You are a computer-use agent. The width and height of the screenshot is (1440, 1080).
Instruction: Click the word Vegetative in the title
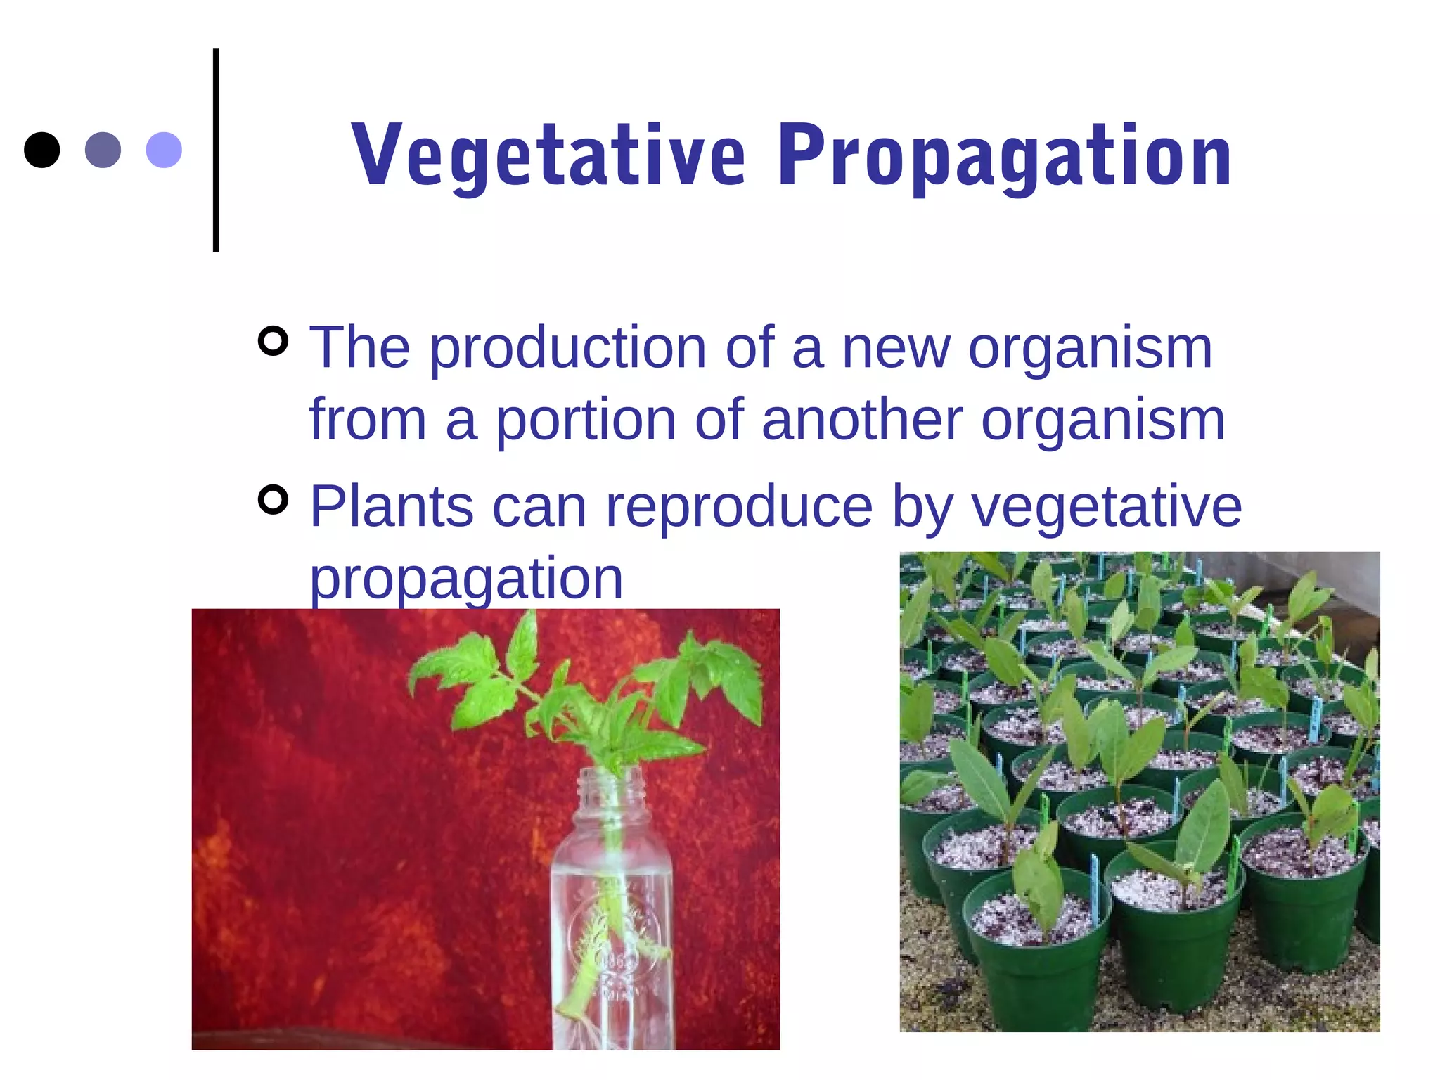(548, 156)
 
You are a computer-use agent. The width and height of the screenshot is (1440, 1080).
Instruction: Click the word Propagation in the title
(1004, 156)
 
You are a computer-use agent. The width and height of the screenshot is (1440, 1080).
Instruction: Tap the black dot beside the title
(41, 150)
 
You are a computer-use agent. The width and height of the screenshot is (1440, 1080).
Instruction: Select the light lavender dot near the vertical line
(164, 150)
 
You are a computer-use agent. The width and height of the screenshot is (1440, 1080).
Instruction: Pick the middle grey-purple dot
(103, 150)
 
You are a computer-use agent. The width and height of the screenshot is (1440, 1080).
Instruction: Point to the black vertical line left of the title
(216, 150)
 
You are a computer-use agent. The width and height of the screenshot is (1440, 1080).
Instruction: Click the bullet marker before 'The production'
(273, 342)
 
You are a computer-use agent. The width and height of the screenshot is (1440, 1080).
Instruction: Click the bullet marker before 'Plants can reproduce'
(273, 500)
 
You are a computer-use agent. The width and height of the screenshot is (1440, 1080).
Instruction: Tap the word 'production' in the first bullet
(568, 349)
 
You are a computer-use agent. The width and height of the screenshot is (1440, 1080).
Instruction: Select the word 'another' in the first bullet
(861, 420)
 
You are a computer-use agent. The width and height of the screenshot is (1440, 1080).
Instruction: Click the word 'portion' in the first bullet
(585, 422)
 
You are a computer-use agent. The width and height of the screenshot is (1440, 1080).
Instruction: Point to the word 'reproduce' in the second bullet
(739, 508)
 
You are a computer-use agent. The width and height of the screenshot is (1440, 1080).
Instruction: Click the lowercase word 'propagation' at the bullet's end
(466, 579)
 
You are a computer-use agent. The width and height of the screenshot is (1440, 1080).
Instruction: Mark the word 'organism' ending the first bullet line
(1090, 349)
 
